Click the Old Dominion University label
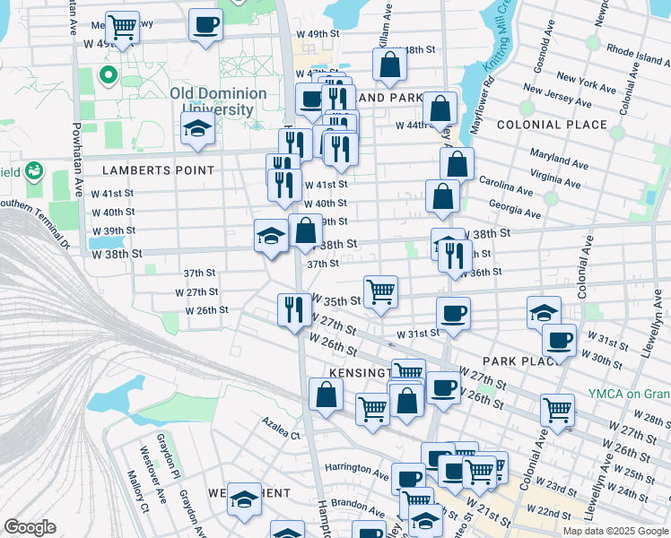218,100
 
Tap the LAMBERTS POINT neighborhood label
158,169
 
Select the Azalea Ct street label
281,435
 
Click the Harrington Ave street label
356,468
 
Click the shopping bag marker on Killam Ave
390,64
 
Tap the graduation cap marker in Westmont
244,499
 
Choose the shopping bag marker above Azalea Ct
326,394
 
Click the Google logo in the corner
29,527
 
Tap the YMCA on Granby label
629,394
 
